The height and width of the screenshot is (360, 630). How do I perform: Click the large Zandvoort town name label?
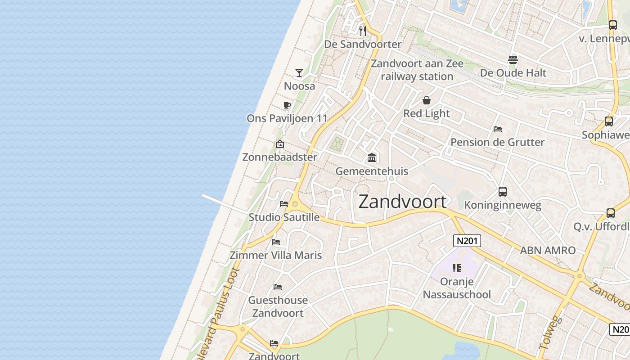coord(403,202)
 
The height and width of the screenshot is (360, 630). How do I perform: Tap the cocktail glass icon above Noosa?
coord(299,72)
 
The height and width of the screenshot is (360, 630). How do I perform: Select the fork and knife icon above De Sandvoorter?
coord(363,31)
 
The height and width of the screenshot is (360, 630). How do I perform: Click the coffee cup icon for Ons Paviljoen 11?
coord(287,106)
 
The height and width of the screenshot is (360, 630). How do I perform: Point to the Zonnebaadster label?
coord(279,157)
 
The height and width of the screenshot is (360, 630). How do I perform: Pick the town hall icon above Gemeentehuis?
coord(372,157)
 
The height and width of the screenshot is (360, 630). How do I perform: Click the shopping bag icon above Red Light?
coord(427,100)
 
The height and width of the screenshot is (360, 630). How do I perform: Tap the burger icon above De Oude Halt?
coord(513,59)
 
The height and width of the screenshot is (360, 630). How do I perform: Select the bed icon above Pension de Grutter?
coord(497,129)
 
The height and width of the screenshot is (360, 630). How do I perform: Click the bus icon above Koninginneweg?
coord(503,192)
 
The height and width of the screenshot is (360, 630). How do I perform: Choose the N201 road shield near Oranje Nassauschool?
coord(467,241)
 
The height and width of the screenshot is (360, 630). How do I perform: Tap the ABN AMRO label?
coord(548,251)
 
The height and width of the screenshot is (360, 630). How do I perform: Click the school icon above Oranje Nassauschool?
coord(457,268)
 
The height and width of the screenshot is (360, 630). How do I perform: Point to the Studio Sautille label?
coord(284,217)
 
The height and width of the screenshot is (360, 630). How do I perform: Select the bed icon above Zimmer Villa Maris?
coord(276,242)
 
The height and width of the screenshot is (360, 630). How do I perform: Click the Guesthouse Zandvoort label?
coord(278,306)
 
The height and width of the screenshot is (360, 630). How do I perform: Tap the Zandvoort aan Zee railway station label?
coord(417,70)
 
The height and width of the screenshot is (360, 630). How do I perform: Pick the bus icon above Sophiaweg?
coord(608,121)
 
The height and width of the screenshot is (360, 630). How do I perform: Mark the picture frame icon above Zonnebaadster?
coord(279,144)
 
